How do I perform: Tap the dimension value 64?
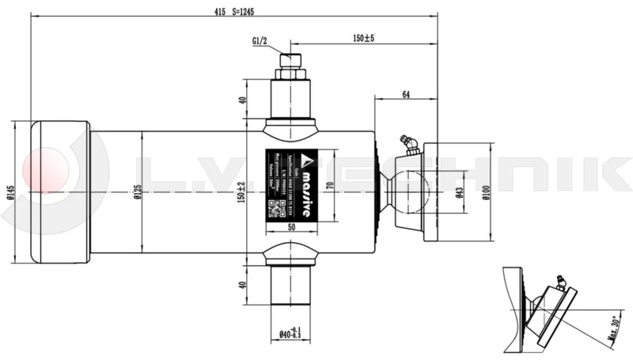(x=405, y=95)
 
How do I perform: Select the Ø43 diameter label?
(x=459, y=191)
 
